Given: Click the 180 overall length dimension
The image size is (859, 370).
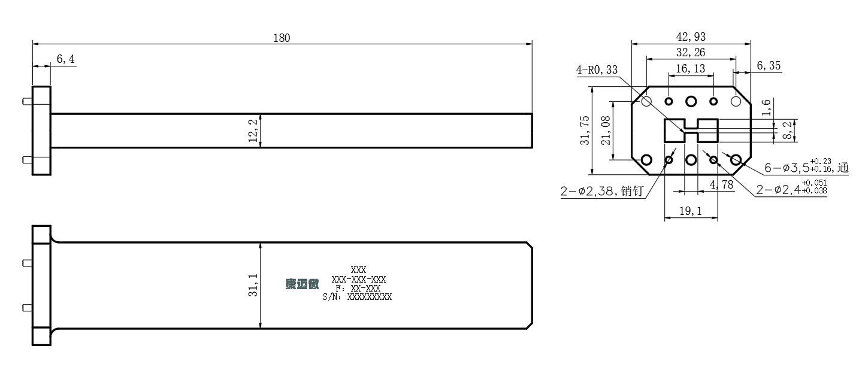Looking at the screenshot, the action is pos(282,38).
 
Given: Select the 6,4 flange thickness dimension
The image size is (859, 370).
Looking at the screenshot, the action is pos(65,59).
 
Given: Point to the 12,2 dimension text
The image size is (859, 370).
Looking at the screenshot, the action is pos(253,131).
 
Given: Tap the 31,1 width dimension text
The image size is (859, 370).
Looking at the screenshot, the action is pos(253,285).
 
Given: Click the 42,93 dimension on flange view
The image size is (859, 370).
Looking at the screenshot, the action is pos(691,37).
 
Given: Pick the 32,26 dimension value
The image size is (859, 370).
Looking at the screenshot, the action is pos(691,52).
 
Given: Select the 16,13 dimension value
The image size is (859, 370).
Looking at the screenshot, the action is pos(690,69).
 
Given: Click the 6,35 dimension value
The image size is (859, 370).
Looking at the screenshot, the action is pos(769,66).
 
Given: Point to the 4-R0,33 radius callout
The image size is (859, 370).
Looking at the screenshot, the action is pos(597,70).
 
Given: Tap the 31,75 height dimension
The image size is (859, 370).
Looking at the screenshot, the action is pos(585,131).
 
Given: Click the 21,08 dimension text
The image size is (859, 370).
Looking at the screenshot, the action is pos(606,131).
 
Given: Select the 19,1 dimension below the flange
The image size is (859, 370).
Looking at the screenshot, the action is pos(691,211).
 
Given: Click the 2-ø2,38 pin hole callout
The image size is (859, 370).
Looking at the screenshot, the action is pos(601,191).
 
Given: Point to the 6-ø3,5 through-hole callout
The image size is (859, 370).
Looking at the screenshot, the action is pos(806,167).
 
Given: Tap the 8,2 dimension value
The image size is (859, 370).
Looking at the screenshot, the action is pos(787,131).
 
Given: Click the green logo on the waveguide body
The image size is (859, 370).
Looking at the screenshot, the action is pos(302,284).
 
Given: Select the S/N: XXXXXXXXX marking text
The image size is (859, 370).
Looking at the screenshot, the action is pos(357,297).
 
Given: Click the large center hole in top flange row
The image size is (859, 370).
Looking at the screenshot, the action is pos(691,101).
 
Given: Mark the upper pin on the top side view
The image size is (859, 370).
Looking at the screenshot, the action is pos(27,102).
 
